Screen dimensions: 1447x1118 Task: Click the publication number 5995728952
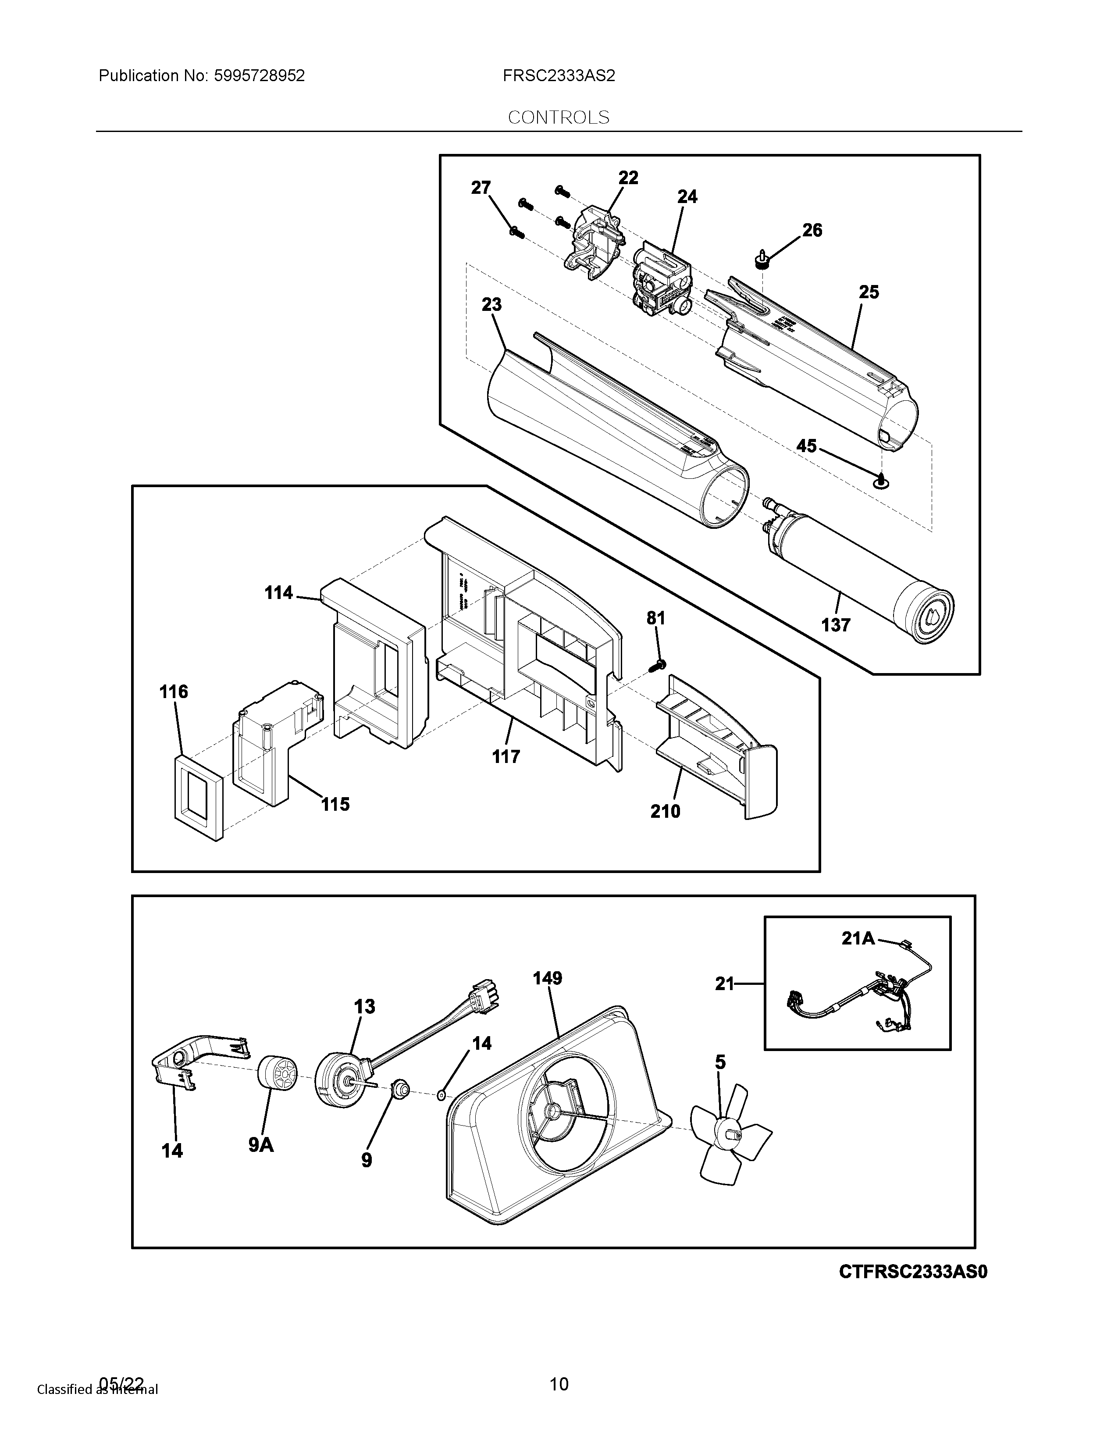click(259, 76)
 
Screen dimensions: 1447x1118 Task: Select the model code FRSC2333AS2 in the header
click(558, 76)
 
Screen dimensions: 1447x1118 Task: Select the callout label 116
click(174, 691)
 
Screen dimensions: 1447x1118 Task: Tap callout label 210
click(665, 811)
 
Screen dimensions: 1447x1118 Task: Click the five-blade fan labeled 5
click(730, 1133)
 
